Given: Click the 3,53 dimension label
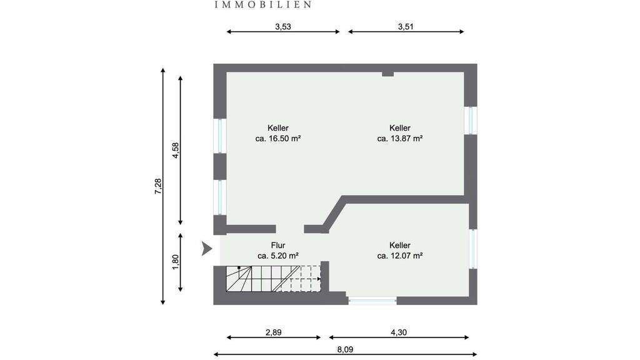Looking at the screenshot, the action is [x=283, y=26].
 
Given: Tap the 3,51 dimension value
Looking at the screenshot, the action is [x=406, y=26].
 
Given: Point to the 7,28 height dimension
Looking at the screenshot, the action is [x=158, y=186].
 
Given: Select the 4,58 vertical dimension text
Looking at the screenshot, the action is [x=176, y=150].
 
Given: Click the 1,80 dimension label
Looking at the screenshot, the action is [x=176, y=262].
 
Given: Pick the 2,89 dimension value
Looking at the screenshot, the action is [x=274, y=332].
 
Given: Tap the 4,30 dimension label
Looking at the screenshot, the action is [x=399, y=332].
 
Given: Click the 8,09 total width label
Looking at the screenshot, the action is [x=345, y=349].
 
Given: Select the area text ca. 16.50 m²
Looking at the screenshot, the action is [x=278, y=138].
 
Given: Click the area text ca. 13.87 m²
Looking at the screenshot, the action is [x=399, y=138].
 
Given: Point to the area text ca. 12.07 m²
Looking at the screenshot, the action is [x=399, y=256].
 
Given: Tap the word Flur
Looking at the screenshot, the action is [x=278, y=245].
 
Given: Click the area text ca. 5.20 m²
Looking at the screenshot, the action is [x=278, y=256].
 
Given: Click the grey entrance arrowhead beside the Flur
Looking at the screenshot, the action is [x=206, y=249].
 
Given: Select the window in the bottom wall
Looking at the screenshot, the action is [x=372, y=301].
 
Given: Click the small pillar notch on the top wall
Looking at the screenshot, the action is [x=387, y=74].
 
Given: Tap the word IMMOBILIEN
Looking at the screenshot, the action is [x=263, y=4].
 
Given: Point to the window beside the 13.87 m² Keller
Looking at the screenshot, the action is [x=471, y=121].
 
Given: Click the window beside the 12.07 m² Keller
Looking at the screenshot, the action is [x=473, y=249].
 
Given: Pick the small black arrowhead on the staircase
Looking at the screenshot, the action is [x=319, y=279].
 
